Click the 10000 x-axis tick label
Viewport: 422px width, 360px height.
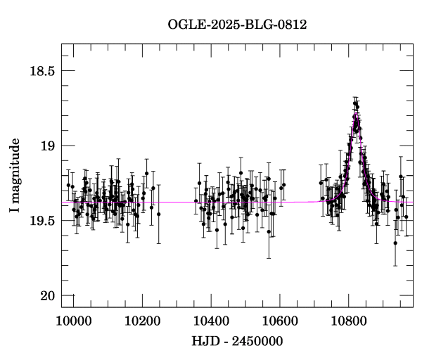[x=73, y=319]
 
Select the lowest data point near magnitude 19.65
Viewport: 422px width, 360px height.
[x=395, y=243]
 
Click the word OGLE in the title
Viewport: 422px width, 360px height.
[x=184, y=25]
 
